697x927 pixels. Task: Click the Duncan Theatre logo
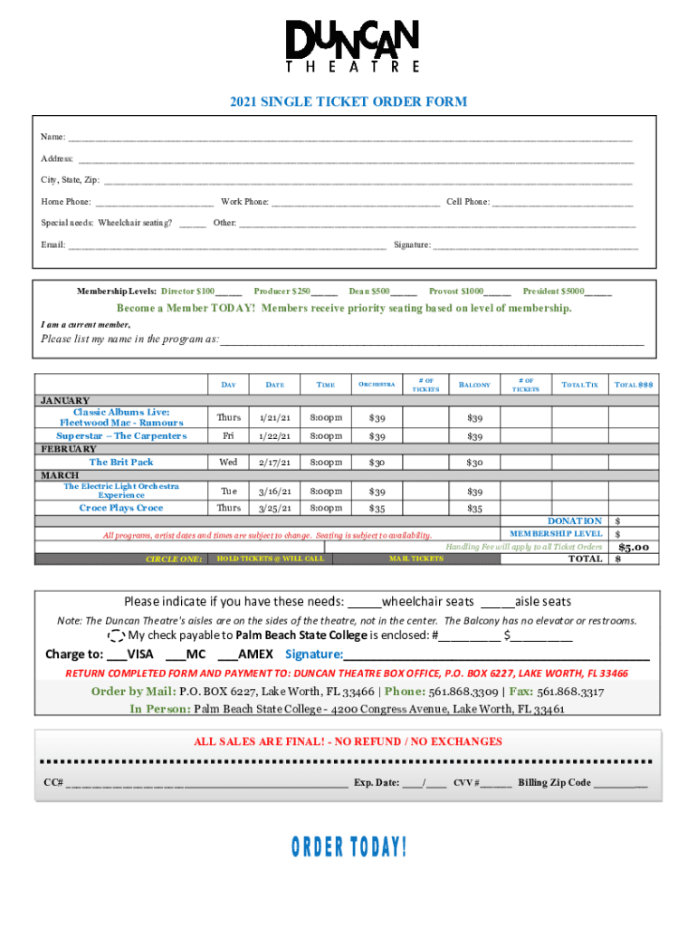[352, 46]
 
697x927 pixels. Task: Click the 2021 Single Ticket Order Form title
[348, 101]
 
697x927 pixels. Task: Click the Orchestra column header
[376, 385]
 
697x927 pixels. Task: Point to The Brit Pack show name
[121, 462]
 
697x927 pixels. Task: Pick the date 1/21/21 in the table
[274, 418]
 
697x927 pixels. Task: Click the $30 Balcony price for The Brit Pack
[474, 463]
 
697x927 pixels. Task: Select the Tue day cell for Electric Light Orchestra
[229, 491]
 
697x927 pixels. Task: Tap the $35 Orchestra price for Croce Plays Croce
[376, 508]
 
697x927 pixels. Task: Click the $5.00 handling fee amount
[634, 547]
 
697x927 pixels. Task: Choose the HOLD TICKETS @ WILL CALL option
[270, 559]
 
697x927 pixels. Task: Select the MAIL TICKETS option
[416, 559]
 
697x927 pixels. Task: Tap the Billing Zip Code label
[554, 783]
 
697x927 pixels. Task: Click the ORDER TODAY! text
[348, 847]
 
